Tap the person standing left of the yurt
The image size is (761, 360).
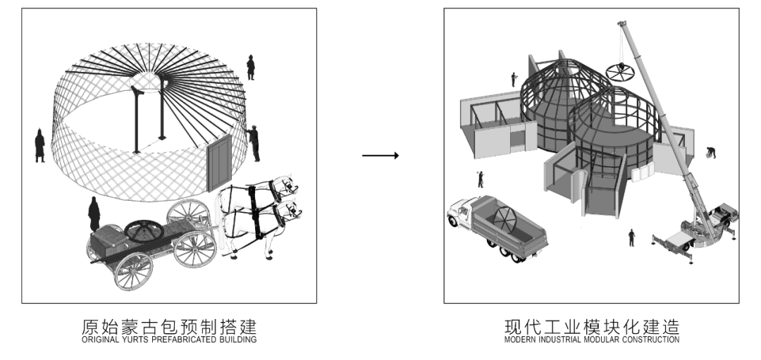coord(40,145)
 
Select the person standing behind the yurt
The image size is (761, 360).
coord(250,67)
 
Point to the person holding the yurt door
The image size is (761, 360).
coord(254,143)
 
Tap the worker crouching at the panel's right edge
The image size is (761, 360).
coord(712,153)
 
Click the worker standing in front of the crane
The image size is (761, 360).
coord(631,237)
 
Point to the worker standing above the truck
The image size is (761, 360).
coord(481,179)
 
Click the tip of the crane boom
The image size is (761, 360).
coord(623,25)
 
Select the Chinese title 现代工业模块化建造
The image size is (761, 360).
coord(591,327)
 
